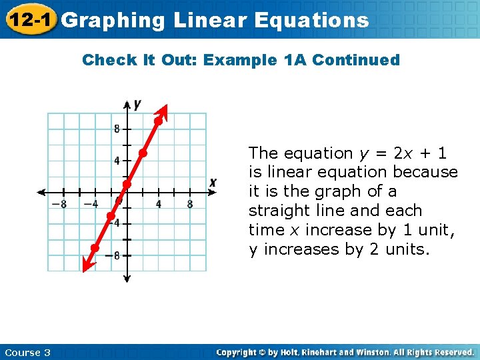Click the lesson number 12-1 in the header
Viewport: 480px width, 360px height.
tap(29, 20)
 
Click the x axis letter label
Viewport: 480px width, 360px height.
tap(213, 182)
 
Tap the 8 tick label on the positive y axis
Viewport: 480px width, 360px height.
tap(117, 129)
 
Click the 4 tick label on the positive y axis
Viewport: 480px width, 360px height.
tap(117, 161)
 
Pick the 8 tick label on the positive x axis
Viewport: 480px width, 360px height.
tap(190, 204)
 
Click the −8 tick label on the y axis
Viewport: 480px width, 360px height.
tap(115, 255)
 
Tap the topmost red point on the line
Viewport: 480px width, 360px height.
tap(159, 121)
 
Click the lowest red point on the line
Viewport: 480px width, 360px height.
tap(95, 248)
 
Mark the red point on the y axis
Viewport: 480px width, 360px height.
tap(127, 184)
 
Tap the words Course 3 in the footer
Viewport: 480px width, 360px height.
tap(27, 352)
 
